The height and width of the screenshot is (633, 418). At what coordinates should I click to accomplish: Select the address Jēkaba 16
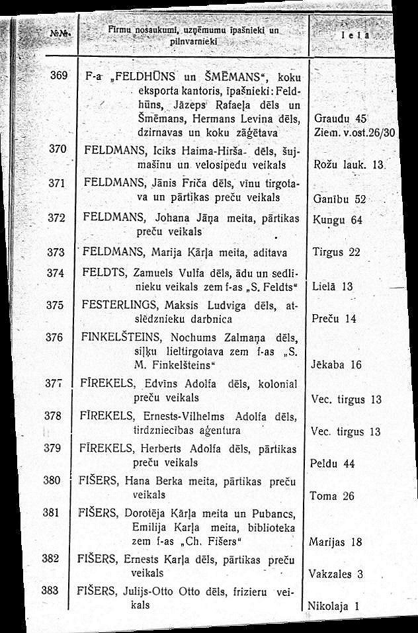tap(337, 364)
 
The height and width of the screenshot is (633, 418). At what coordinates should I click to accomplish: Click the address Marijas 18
tap(335, 542)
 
